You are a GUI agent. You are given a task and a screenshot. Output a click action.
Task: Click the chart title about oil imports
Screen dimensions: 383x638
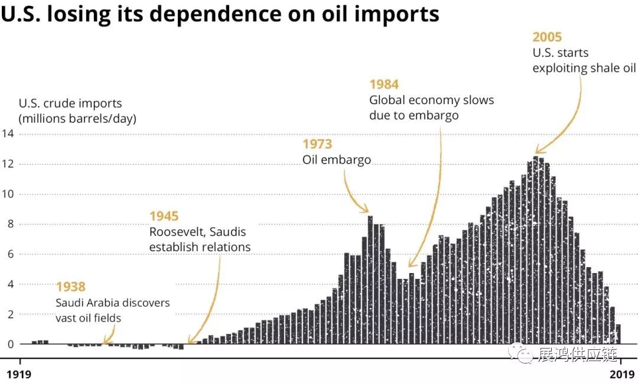click(x=220, y=14)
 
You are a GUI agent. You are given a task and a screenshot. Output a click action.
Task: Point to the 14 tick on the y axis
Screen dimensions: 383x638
click(x=8, y=134)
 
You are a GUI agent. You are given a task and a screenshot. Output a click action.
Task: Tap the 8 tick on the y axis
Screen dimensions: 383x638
click(x=8, y=225)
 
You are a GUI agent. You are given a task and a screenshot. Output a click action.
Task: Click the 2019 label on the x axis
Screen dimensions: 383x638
click(x=621, y=374)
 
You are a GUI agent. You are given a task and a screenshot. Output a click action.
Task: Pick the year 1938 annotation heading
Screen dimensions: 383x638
click(x=71, y=287)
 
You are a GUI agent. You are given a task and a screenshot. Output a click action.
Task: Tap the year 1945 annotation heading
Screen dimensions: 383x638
click(x=164, y=216)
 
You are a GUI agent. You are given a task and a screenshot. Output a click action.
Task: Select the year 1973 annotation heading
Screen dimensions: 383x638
click(x=317, y=144)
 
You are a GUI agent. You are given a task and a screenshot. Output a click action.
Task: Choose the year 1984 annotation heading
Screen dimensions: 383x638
click(x=384, y=85)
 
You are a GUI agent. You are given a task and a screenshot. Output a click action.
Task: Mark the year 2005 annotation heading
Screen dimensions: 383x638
click(x=548, y=37)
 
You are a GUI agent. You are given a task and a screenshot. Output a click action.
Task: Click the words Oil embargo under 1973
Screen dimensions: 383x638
click(x=337, y=160)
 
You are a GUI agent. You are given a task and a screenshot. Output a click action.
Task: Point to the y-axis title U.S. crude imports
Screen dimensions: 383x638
click(x=70, y=103)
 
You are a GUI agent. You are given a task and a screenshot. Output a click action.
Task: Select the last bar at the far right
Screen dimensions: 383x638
click(x=618, y=334)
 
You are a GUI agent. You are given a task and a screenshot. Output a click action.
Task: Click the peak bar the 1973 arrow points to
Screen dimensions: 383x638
click(x=370, y=278)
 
